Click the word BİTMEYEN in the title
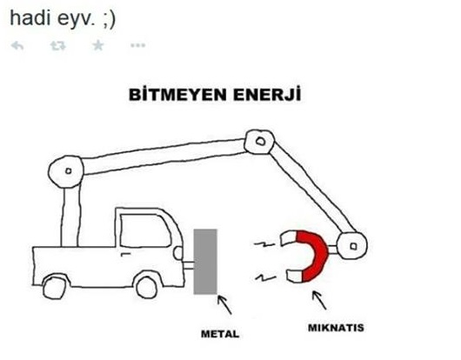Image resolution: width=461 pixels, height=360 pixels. click(x=177, y=95)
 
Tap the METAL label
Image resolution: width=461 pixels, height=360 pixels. click(x=220, y=334)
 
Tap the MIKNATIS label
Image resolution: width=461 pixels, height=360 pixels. click(x=336, y=328)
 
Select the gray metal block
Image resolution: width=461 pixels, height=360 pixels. click(x=205, y=262)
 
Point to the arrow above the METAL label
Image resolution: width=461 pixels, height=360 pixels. click(x=224, y=304)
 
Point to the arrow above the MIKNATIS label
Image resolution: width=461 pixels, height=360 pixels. click(x=319, y=300)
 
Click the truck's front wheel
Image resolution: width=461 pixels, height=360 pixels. click(x=147, y=285)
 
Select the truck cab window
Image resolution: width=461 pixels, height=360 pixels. click(x=145, y=230)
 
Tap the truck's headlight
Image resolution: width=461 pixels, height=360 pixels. click(x=178, y=253)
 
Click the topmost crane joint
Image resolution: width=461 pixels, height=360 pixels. click(x=259, y=142)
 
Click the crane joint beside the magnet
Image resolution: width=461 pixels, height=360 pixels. click(x=352, y=246)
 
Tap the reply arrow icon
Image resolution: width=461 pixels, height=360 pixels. click(x=17, y=46)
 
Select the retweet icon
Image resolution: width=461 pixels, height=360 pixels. click(x=58, y=46)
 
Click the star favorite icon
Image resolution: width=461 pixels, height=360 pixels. click(x=98, y=45)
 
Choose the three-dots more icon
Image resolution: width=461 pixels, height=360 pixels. click(x=138, y=45)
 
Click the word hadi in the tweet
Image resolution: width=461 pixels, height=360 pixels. click(x=30, y=18)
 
